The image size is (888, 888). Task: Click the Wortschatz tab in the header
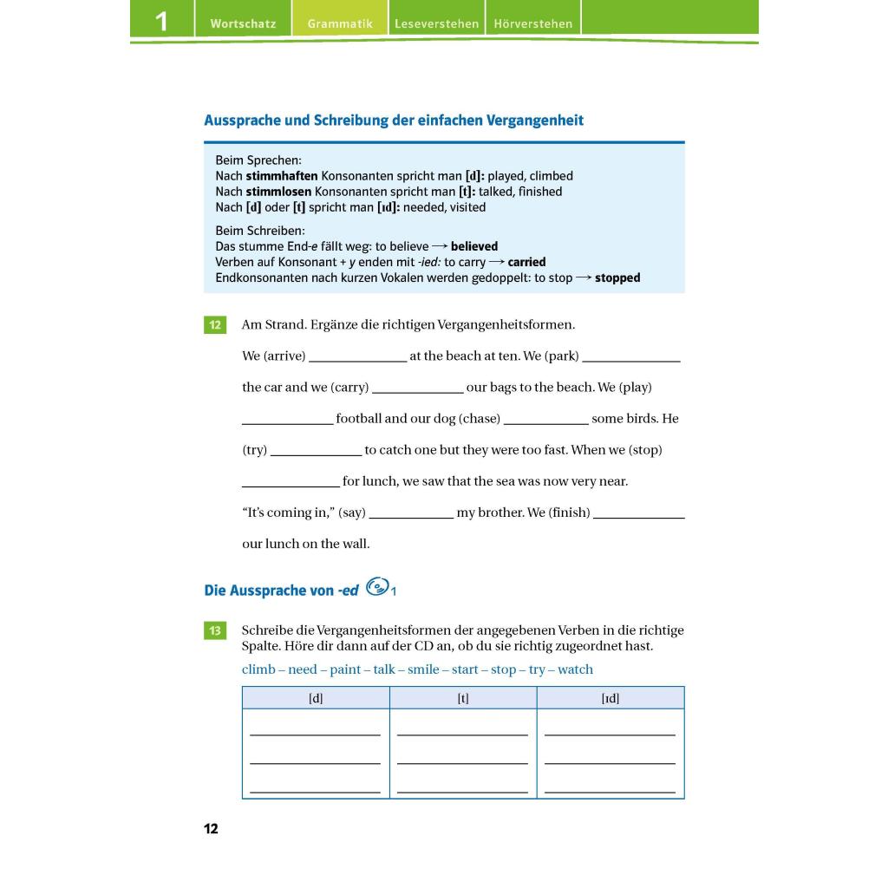(x=243, y=23)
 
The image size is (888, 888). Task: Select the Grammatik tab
(x=340, y=23)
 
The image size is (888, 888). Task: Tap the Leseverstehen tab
(x=436, y=23)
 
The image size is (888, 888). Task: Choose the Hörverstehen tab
(x=533, y=23)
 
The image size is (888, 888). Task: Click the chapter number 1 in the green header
(x=161, y=21)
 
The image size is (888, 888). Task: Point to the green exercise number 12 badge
(x=214, y=325)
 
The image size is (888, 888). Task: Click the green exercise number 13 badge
(x=214, y=630)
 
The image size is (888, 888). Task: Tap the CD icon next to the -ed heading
(x=376, y=588)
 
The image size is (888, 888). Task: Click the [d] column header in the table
(x=316, y=698)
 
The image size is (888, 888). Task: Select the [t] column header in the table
(x=463, y=698)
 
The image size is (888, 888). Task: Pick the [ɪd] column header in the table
(x=610, y=698)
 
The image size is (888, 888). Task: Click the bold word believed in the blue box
(x=474, y=246)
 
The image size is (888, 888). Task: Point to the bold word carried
(x=527, y=262)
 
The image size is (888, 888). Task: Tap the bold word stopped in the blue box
(x=617, y=278)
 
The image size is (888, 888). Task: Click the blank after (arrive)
(x=357, y=357)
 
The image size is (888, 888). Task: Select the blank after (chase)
(x=545, y=420)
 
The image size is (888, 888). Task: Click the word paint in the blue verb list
(x=345, y=669)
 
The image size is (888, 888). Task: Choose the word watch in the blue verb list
(x=576, y=669)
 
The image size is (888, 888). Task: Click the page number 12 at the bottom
(x=212, y=829)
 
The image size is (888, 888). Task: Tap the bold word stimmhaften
(x=282, y=176)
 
